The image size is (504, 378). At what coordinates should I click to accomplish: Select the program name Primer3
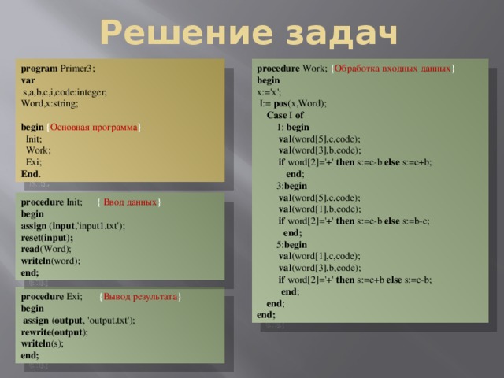[x=77, y=69]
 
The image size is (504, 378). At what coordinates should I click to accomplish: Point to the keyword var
[x=28, y=80]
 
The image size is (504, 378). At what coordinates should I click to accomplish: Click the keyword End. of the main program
[x=31, y=172]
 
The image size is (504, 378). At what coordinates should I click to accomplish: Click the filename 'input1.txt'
[x=98, y=225]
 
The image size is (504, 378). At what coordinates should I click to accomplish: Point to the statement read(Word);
[x=44, y=248]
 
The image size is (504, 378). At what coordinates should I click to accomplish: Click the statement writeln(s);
[x=45, y=343]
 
